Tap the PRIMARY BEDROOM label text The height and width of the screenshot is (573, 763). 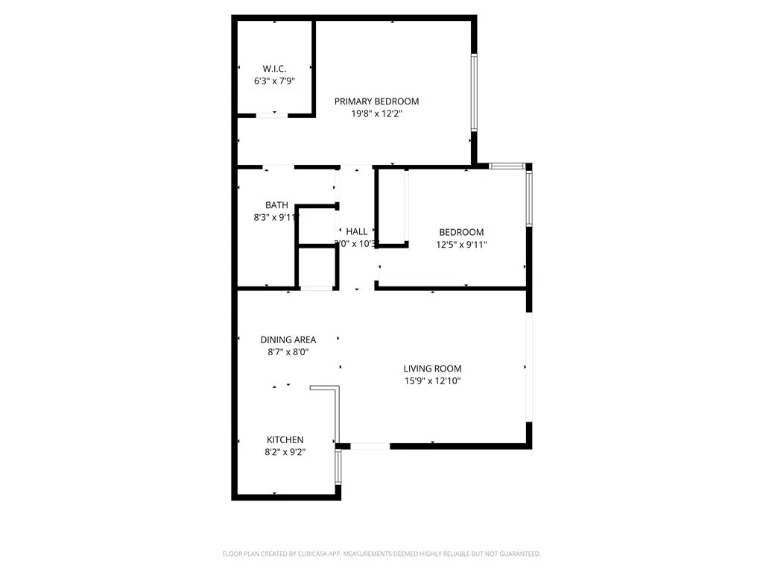point(376,101)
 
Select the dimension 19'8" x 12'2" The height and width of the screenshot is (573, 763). point(376,114)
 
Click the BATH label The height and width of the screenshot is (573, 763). point(276,205)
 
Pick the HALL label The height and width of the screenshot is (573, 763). point(356,231)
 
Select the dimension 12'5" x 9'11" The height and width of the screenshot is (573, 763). point(462,244)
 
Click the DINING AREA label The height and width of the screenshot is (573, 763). point(288,339)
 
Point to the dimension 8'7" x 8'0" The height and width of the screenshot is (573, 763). point(288,351)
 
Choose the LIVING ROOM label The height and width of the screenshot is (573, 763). point(432,369)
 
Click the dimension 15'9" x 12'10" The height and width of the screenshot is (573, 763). point(432,381)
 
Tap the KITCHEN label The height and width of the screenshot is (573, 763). point(285,440)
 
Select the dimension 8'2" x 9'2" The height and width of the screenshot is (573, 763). point(285,452)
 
